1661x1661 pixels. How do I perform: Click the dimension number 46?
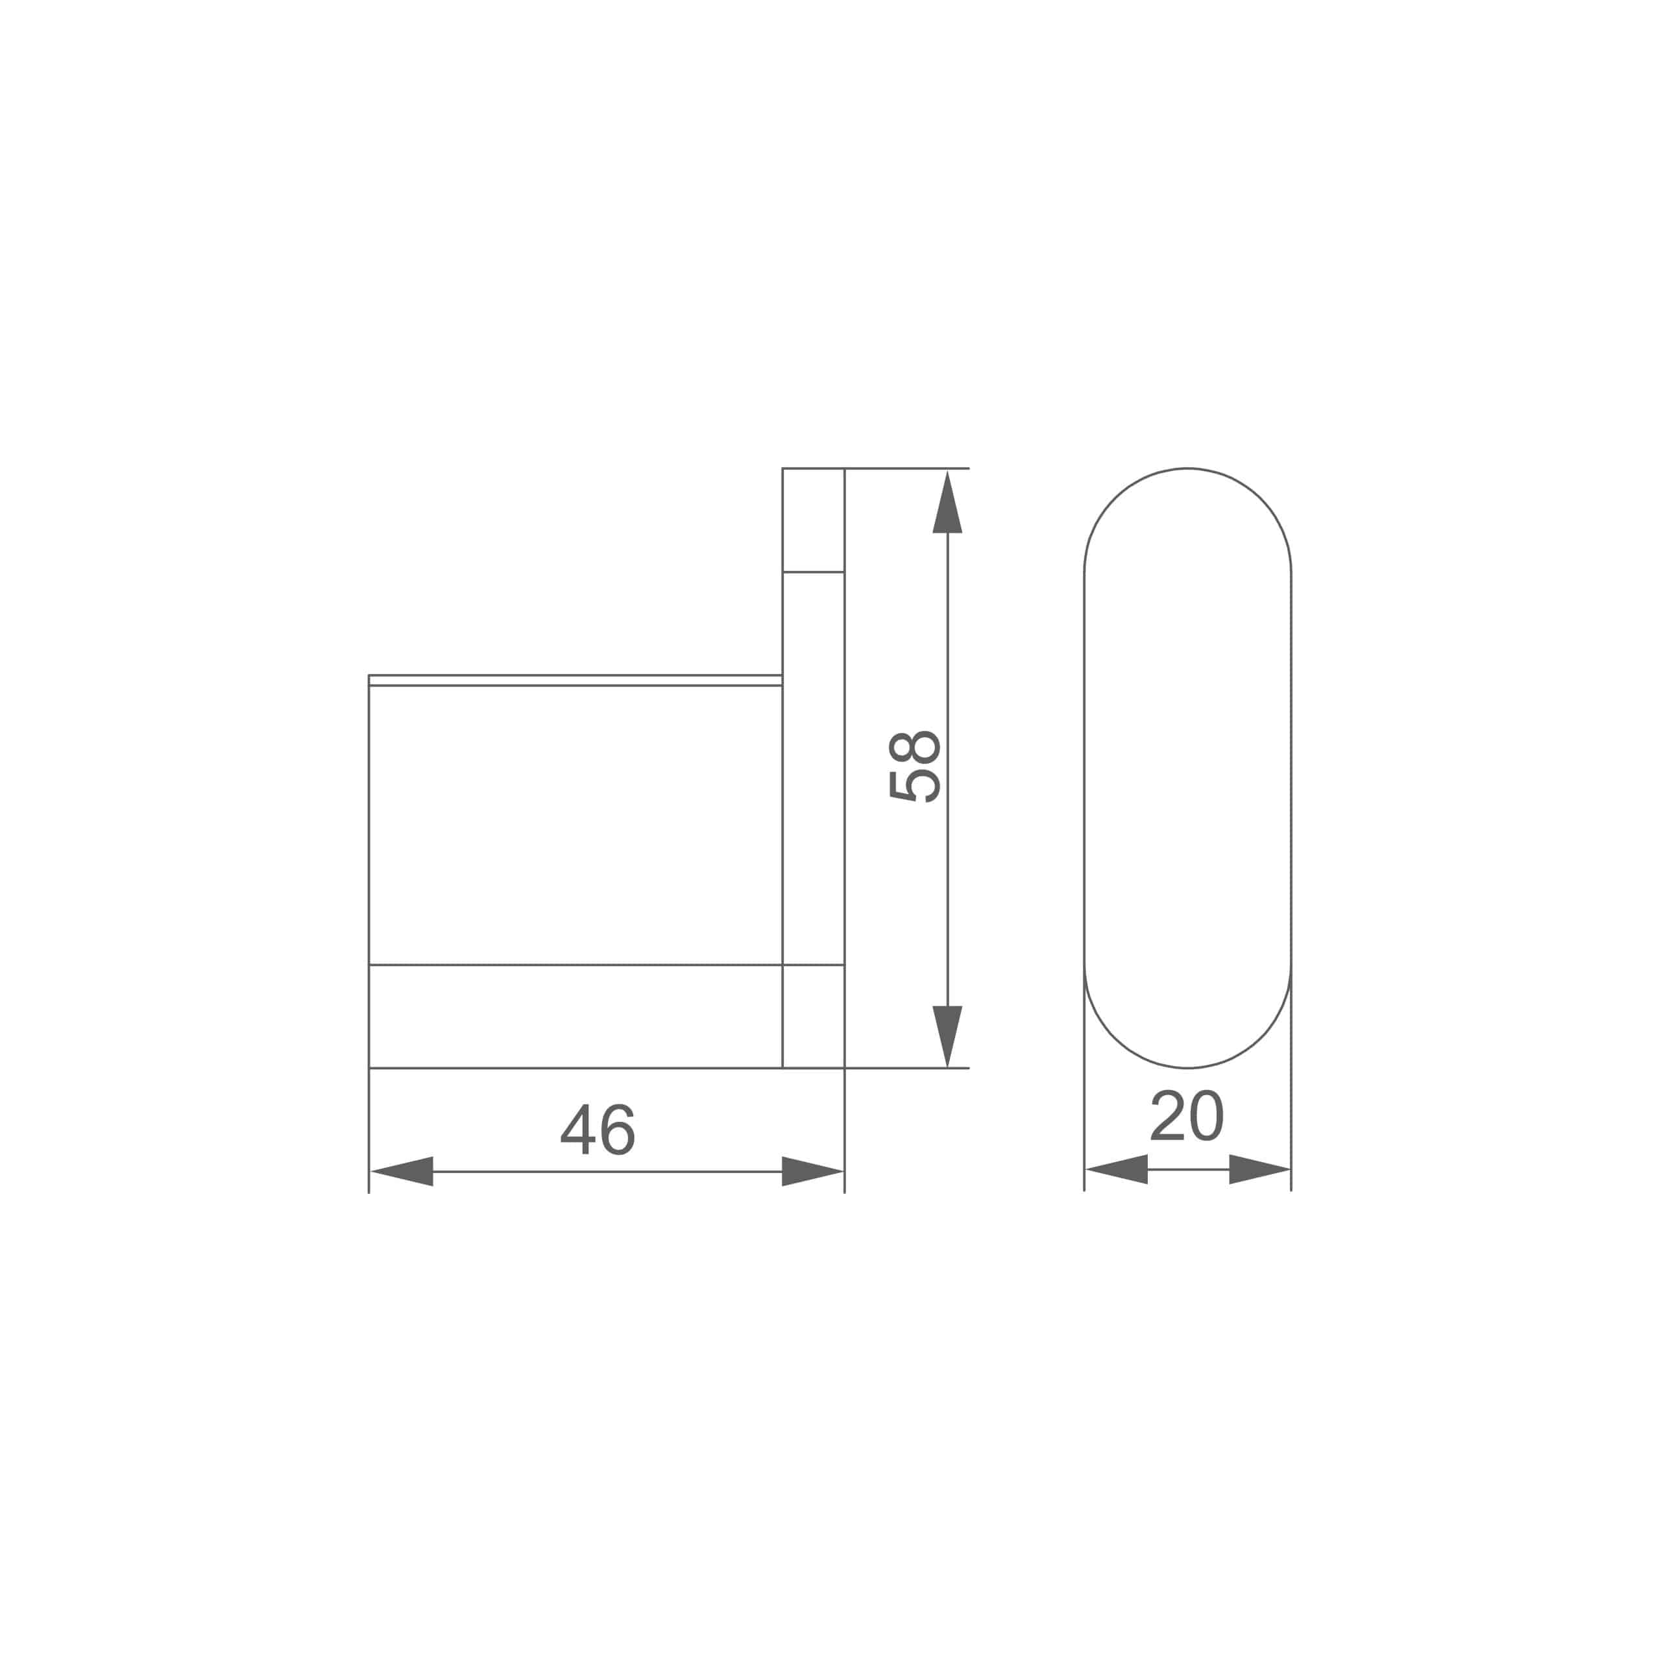[598, 1129]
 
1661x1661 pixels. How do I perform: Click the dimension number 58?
[915, 767]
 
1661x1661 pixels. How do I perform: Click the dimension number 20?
[1187, 1116]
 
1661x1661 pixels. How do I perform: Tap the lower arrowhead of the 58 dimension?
[947, 1036]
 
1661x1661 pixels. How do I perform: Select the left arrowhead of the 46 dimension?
[402, 1171]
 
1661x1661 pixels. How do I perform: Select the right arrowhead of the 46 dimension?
[812, 1171]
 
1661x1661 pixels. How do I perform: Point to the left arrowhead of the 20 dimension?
[1117, 1169]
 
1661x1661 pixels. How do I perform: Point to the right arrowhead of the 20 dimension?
[1259, 1169]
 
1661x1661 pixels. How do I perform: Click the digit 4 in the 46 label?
[577, 1129]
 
